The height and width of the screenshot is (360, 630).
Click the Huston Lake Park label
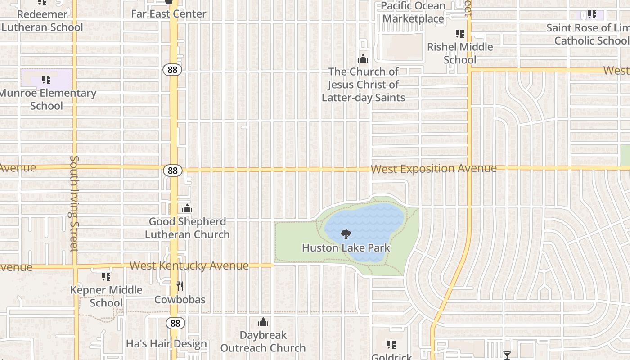346,248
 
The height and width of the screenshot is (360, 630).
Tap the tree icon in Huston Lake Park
346,234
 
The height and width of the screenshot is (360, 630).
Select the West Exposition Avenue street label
434,169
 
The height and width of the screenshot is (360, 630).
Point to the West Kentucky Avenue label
189,265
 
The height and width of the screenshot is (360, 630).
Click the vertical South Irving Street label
74,203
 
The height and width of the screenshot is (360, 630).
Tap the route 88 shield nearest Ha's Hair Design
175,323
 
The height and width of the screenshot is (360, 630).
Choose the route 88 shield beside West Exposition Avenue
173,171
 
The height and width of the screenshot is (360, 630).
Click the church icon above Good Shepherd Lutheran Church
187,209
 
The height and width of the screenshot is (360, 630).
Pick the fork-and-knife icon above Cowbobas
180,286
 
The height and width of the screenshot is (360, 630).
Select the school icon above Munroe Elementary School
46,80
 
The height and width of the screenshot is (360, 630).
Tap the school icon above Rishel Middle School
460,34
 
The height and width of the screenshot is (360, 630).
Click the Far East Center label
169,14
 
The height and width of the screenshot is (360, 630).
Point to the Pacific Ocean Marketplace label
413,12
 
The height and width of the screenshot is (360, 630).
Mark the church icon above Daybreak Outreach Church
263,322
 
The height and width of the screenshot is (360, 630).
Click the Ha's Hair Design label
166,344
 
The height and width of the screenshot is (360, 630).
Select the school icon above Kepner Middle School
106,276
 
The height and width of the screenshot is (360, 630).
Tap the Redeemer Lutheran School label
42,21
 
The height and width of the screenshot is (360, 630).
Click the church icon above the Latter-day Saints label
363,58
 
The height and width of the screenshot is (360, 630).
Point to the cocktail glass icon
507,355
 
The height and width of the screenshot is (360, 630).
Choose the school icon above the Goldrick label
391,345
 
